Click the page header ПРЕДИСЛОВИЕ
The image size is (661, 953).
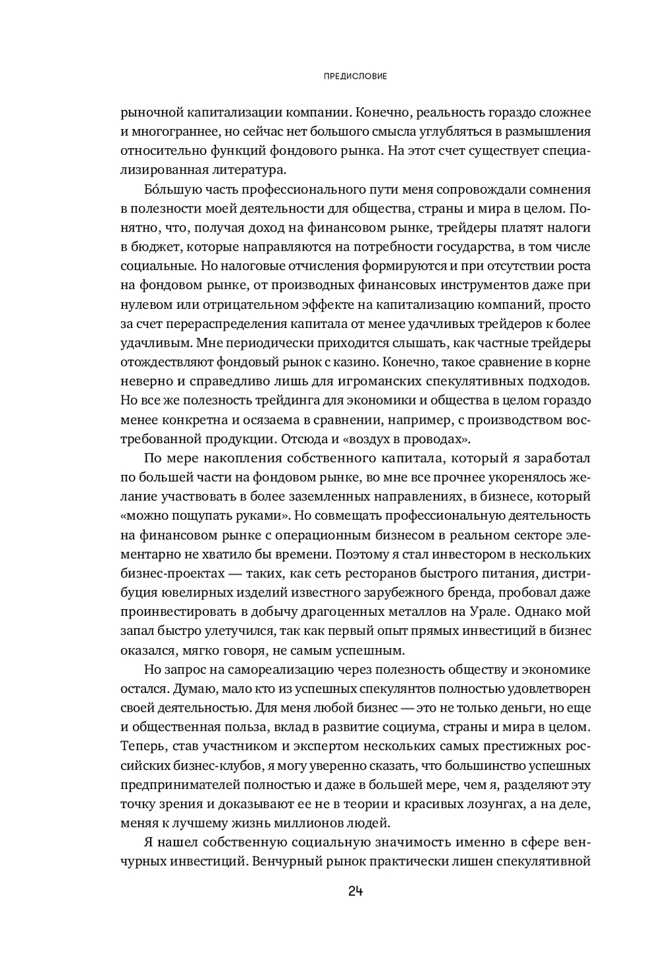(x=356, y=76)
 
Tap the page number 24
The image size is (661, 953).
(x=356, y=891)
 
